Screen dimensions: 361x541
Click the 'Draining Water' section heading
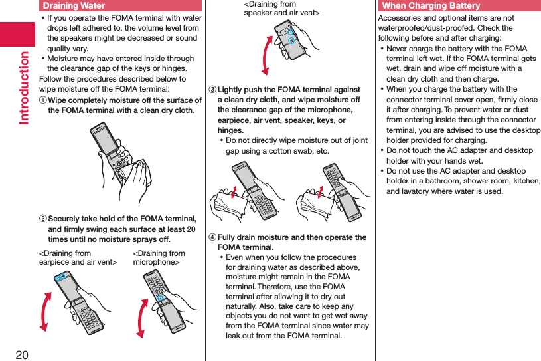point(74,6)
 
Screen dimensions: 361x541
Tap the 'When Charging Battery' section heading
point(431,6)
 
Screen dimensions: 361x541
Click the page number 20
point(22,353)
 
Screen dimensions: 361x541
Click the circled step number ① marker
point(43,100)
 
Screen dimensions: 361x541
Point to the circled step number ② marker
point(43,219)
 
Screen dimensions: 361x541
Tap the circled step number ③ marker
point(212,90)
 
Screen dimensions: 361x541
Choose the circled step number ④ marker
point(212,238)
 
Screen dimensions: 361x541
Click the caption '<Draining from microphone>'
point(159,258)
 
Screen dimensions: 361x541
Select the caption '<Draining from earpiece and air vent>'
point(78,258)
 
